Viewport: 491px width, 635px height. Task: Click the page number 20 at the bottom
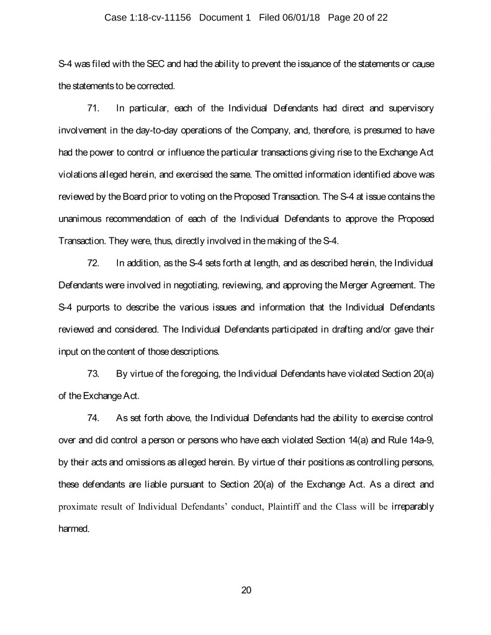246,590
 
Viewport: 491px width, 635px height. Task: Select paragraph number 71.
94,109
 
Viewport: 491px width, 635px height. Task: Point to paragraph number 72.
94,263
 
